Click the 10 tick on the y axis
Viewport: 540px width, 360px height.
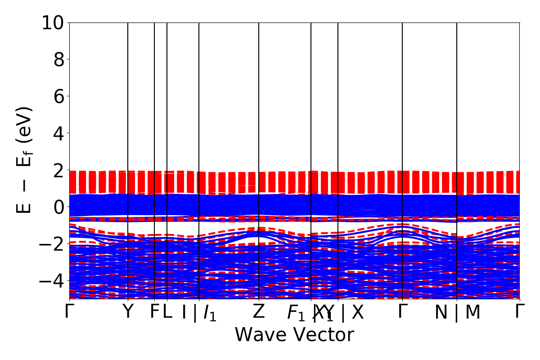click(54, 22)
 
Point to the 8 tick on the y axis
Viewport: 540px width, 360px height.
click(59, 59)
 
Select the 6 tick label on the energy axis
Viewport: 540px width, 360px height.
click(59, 96)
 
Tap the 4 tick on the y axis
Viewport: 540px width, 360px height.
click(59, 133)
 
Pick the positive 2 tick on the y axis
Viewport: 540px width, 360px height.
click(59, 170)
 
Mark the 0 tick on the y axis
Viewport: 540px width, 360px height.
click(59, 207)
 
